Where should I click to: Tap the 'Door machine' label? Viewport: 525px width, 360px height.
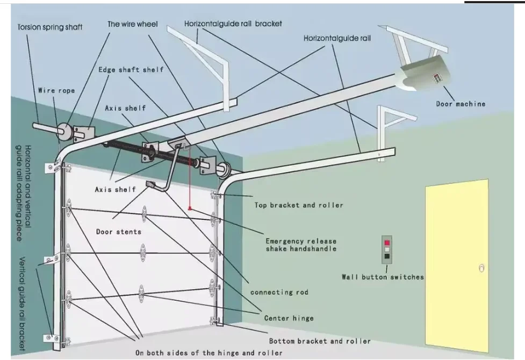click(461, 104)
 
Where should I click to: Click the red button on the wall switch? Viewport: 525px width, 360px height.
click(387, 243)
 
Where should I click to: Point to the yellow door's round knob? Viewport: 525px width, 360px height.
click(481, 268)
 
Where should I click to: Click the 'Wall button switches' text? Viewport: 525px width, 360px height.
click(383, 277)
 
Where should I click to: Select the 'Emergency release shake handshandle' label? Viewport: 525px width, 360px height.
click(301, 245)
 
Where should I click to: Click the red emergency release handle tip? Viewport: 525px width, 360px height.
click(189, 208)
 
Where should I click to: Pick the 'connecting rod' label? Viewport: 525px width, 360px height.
click(279, 292)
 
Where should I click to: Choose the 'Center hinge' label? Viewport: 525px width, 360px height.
click(289, 318)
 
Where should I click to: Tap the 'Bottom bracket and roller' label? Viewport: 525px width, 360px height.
click(320, 341)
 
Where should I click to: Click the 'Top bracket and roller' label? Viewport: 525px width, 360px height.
click(299, 205)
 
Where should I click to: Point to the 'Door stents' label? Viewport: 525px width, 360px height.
click(119, 232)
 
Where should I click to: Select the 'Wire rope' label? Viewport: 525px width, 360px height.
click(56, 91)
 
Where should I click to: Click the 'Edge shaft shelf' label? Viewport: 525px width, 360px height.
click(131, 70)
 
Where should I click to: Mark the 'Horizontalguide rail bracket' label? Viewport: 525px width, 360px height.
click(233, 24)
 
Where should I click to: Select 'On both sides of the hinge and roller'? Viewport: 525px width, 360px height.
click(209, 353)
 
